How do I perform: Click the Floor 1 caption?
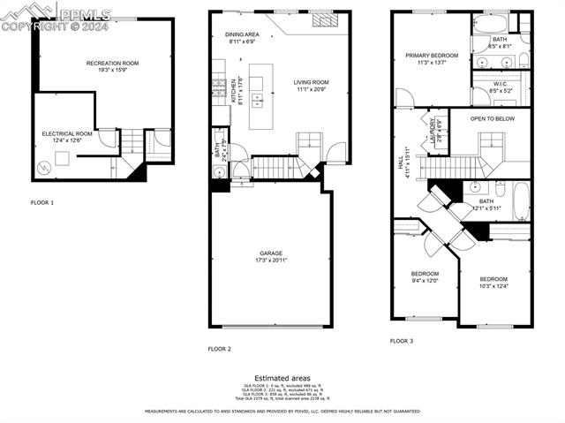coord(42,203)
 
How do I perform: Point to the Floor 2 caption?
coord(219,349)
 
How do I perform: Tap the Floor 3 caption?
coord(402,340)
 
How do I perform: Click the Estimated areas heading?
coord(282,378)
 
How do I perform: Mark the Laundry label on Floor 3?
coord(433,131)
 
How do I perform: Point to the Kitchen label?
coord(234,92)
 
